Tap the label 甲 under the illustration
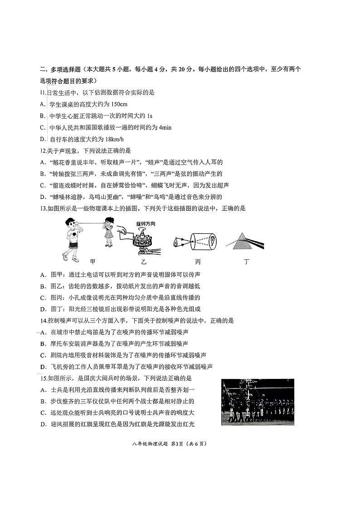92,262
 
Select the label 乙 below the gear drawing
144,262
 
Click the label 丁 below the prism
246,262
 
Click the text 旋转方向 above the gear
145,223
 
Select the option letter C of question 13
42,297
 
